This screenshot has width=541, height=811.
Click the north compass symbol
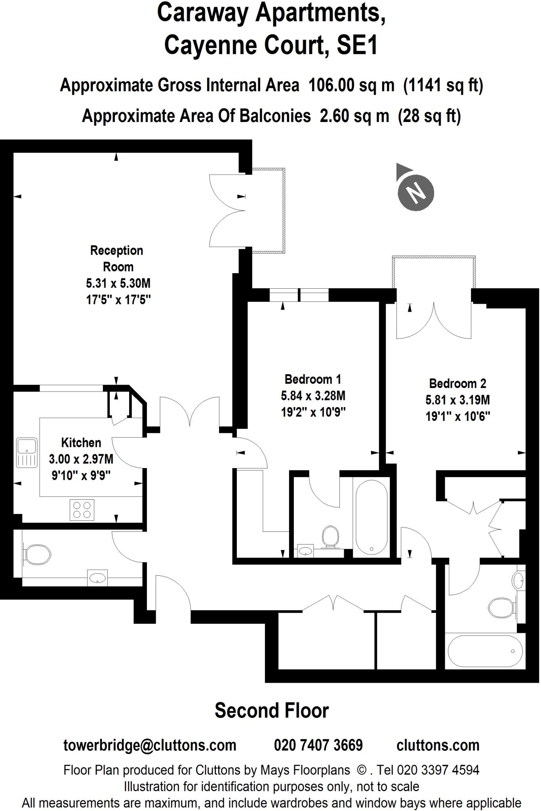[415, 192]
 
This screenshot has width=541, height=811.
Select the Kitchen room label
[81, 442]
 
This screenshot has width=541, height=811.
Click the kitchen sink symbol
[27, 452]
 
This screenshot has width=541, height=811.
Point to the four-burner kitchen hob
[82, 510]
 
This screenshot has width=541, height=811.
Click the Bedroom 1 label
[312, 379]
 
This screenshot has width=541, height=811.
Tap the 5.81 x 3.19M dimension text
[457, 400]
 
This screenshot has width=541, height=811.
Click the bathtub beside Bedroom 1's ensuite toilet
[371, 517]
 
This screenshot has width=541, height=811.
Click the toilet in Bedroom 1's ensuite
[330, 537]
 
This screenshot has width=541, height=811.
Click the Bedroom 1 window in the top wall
[299, 295]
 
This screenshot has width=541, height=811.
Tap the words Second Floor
[272, 711]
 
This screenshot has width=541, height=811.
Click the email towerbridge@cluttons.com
[150, 745]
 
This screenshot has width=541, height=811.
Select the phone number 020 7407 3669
[318, 745]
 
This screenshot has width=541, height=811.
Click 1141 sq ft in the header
[443, 85]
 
